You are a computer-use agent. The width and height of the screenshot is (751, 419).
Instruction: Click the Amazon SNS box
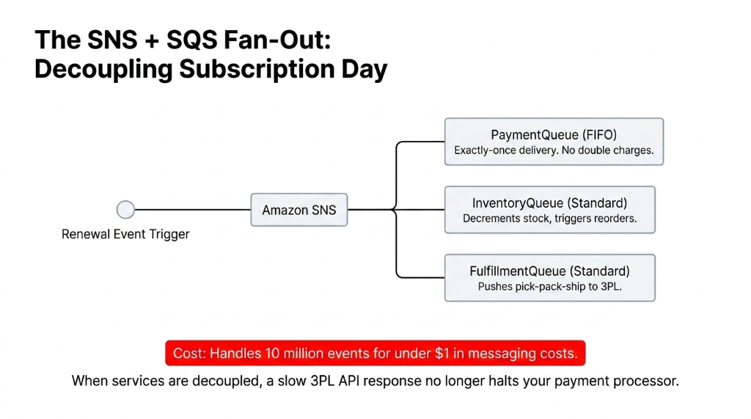coord(298,210)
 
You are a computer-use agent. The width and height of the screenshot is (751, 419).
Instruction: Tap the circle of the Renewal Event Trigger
coord(125,210)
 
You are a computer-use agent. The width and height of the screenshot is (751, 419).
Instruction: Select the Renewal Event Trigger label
coord(125,235)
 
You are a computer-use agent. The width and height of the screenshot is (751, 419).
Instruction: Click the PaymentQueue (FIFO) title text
coord(554,134)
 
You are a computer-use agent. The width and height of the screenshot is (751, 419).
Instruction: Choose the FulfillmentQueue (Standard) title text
coord(549,271)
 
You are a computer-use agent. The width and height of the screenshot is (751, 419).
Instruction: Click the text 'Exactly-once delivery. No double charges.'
coord(554,151)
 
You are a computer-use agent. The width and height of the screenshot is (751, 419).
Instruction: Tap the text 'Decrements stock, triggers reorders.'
coord(549,219)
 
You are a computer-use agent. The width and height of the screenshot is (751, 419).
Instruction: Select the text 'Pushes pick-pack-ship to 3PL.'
coord(549,287)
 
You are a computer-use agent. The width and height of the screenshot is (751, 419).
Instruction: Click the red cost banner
coord(375,353)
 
